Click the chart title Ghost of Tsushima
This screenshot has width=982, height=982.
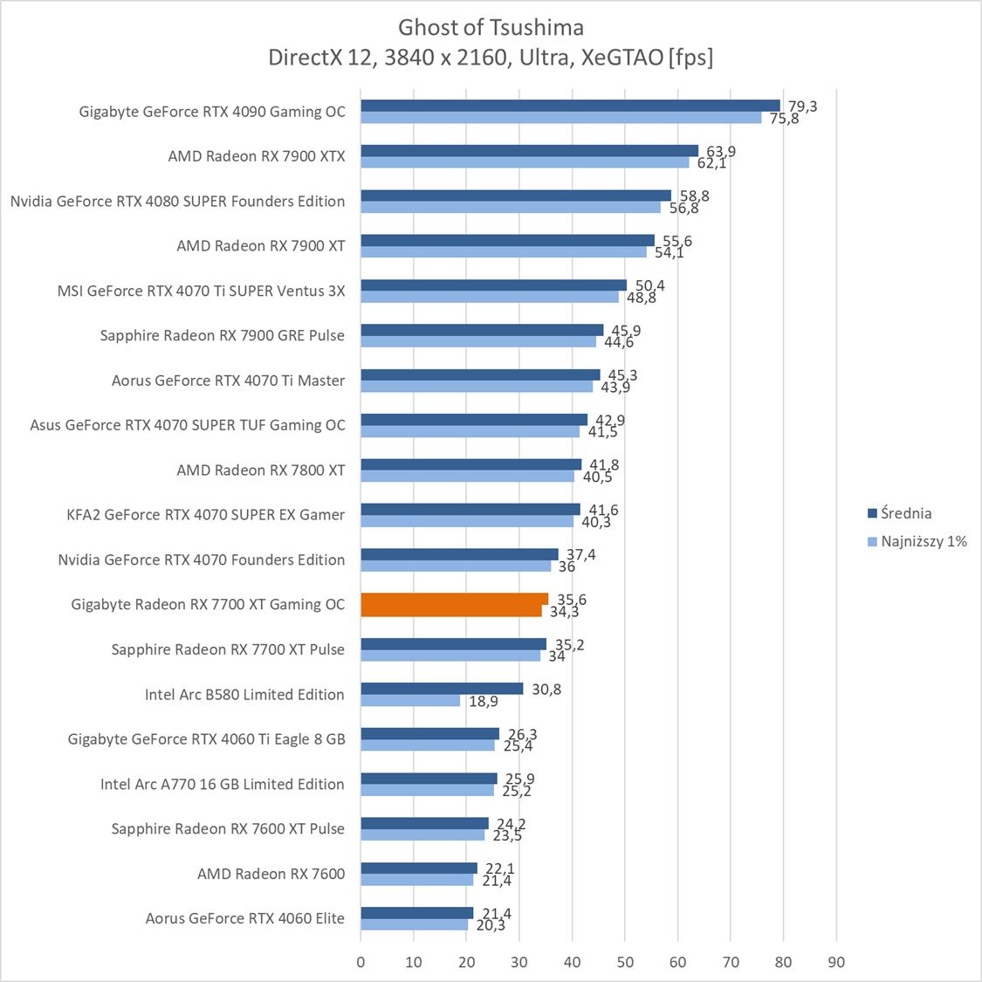pos(491,27)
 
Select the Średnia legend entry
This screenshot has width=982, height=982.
pos(905,513)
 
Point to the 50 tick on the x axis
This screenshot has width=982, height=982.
pos(625,962)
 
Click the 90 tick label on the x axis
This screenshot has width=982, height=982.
pos(836,962)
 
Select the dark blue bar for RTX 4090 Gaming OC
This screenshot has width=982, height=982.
pos(570,106)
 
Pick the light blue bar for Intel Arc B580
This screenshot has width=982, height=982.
pos(410,700)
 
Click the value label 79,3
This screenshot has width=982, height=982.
pos(802,106)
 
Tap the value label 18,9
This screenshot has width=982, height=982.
pos(483,701)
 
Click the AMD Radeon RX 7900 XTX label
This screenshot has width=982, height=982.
pos(257,156)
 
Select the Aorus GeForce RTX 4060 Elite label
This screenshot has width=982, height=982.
pos(245,917)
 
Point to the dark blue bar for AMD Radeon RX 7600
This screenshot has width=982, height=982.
pos(419,868)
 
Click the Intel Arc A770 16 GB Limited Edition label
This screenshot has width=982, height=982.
pos(223,784)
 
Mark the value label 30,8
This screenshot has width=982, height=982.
pos(546,689)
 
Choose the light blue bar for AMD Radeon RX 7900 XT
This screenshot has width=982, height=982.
pos(504,251)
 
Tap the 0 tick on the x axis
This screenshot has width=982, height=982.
pos(361,962)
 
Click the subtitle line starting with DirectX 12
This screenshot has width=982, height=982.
pos(491,58)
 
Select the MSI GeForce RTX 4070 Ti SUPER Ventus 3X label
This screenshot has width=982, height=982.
pos(201,291)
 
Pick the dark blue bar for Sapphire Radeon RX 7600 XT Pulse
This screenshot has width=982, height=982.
pos(424,823)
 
